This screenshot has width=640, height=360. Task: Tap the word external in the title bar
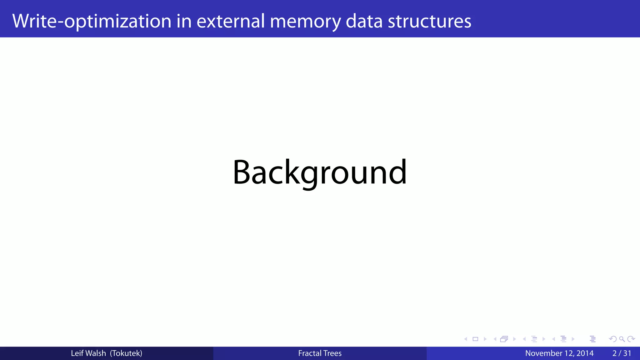231,21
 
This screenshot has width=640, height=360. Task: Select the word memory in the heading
305,21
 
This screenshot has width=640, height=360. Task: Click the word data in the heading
364,21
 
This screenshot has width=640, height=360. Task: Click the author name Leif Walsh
88,353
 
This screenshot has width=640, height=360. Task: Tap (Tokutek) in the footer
126,353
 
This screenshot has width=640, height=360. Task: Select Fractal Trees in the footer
320,353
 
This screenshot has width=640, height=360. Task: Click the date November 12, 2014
559,353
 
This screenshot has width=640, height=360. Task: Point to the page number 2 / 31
622,353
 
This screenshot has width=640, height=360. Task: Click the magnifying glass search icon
622,339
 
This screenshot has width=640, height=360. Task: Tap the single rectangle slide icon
475,339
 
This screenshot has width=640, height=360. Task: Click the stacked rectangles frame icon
504,339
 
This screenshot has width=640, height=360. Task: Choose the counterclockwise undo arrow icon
613,339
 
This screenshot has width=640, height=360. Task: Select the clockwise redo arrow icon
631,339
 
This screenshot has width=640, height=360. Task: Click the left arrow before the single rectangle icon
466,339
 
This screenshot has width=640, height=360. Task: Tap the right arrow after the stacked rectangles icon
514,339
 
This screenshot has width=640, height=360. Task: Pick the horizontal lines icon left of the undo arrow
593,339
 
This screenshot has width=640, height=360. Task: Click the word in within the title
184,21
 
